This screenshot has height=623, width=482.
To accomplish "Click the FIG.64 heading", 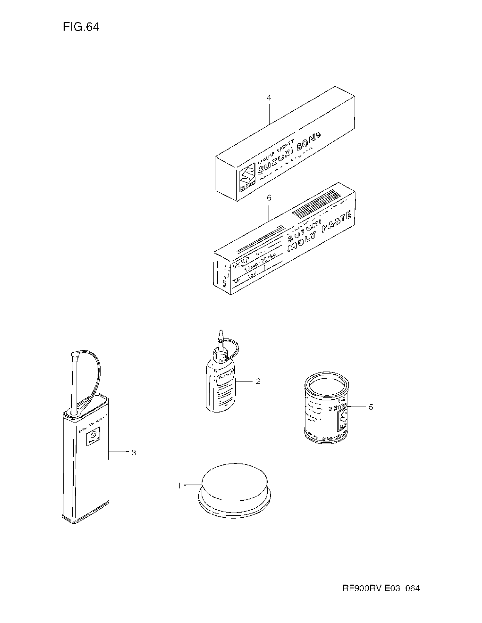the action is click(x=81, y=27).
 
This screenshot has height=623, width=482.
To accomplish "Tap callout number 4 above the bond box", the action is click(x=269, y=98).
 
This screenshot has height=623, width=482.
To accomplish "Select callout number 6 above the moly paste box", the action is click(x=269, y=198).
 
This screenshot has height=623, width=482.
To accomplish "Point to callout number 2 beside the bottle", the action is click(x=258, y=381).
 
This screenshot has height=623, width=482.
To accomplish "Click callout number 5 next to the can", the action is click(x=371, y=407).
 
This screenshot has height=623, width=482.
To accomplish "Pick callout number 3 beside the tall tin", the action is click(x=134, y=453).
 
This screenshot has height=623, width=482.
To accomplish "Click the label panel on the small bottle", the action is click(x=226, y=379).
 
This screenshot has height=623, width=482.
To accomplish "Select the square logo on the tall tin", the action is click(x=93, y=436).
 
